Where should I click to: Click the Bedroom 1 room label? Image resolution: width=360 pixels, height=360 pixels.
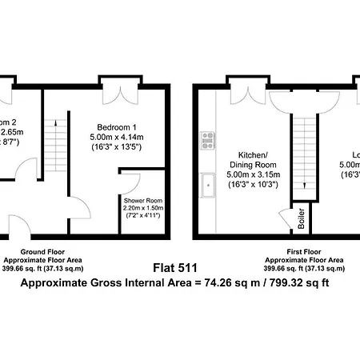[116, 127]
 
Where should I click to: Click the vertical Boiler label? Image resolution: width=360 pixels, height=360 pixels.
[301, 221]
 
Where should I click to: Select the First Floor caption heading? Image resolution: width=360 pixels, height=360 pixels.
[304, 252]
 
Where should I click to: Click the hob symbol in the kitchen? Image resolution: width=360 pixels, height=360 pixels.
[206, 140]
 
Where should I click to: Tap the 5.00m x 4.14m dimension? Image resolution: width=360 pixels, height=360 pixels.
[117, 138]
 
